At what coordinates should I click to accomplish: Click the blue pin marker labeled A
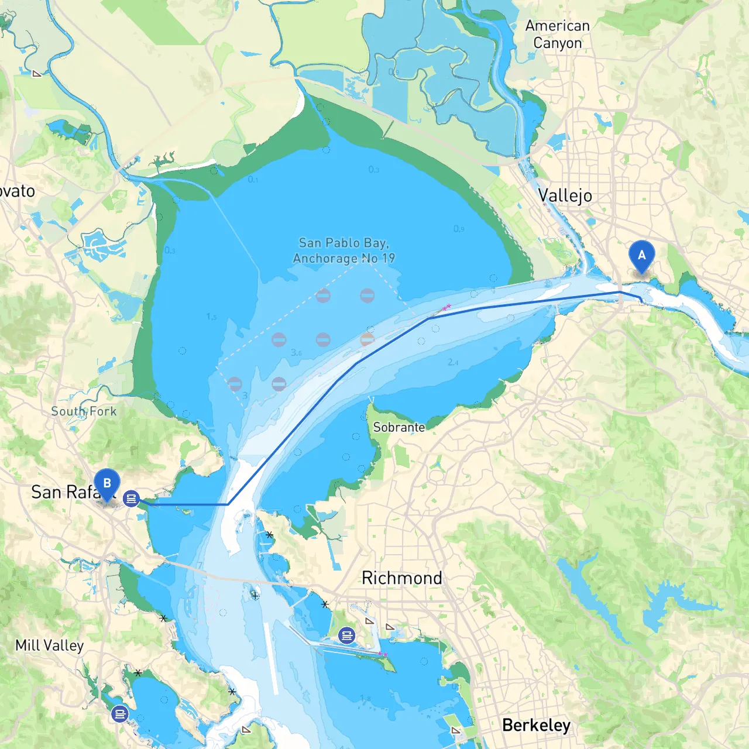tap(641, 255)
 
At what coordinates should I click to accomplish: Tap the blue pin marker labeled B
tap(107, 483)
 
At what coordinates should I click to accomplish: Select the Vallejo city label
tap(565, 195)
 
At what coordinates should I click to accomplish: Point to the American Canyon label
tap(557, 35)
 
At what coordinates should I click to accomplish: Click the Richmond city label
tap(401, 578)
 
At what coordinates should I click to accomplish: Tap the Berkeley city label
tap(536, 725)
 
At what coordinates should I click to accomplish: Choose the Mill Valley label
tap(50, 645)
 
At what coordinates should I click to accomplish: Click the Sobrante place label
tap(399, 427)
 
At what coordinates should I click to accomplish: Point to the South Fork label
tap(84, 411)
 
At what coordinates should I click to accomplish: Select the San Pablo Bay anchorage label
tap(344, 250)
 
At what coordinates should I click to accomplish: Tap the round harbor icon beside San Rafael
tap(132, 499)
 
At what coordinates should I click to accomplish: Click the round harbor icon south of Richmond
tap(347, 635)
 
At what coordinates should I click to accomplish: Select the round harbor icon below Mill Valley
tap(120, 714)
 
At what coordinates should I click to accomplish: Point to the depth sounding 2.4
tap(453, 362)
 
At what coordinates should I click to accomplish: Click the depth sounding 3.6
tap(297, 353)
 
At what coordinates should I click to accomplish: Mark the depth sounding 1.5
tap(211, 317)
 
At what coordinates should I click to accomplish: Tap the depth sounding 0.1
tap(252, 180)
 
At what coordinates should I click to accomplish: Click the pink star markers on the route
tap(446, 307)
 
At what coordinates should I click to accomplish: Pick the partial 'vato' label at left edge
tap(18, 191)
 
